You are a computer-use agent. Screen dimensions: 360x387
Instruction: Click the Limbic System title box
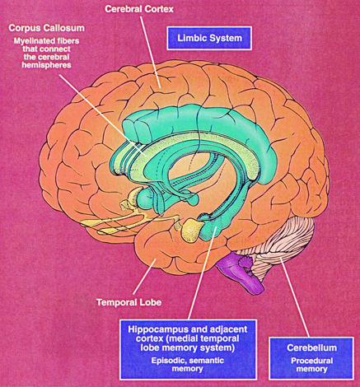(209, 38)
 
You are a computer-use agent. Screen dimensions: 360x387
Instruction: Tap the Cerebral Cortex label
(139, 9)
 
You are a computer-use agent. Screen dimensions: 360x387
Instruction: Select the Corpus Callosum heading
(46, 28)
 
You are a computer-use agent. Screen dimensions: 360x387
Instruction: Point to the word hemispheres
(46, 65)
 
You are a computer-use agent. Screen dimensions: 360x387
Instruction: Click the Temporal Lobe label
(129, 302)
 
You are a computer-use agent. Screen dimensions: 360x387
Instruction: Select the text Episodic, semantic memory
(188, 364)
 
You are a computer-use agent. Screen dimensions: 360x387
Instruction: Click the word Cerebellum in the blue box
(311, 347)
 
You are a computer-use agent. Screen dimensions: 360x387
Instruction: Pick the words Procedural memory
(311, 365)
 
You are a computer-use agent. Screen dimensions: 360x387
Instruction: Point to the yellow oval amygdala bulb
(193, 228)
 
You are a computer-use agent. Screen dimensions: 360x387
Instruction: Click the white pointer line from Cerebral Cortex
(150, 52)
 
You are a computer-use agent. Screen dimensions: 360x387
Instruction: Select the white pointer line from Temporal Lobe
(144, 277)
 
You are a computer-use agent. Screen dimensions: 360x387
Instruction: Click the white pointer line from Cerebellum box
(294, 297)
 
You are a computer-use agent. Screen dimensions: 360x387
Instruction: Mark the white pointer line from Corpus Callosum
(102, 114)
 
